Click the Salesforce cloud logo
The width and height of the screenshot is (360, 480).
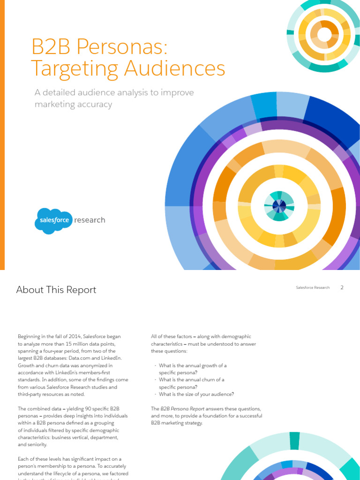tap(53, 221)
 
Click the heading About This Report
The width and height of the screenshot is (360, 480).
tap(56, 290)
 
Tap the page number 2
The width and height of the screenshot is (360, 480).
tap(342, 287)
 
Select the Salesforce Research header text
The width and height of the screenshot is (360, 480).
tap(313, 287)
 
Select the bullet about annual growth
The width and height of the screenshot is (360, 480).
tap(192, 368)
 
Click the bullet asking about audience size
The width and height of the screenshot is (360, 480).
tap(196, 394)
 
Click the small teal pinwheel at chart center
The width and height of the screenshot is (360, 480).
tap(279, 206)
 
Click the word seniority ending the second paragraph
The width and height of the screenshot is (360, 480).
tap(35, 445)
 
